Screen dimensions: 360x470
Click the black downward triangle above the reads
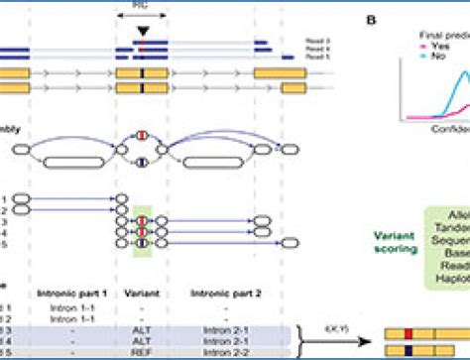pyautogui.click(x=146, y=32)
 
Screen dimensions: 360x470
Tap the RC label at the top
pyautogui.click(x=146, y=4)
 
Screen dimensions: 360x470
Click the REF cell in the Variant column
pyautogui.click(x=141, y=350)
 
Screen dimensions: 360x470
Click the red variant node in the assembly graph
pyautogui.click(x=141, y=135)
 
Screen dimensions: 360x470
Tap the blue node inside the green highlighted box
pyautogui.click(x=141, y=246)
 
